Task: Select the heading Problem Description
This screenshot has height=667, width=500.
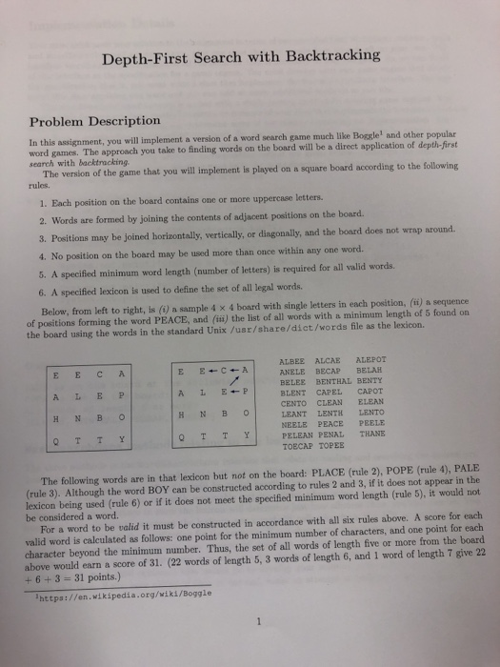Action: (93, 121)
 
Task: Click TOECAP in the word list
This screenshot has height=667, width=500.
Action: (295, 445)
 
